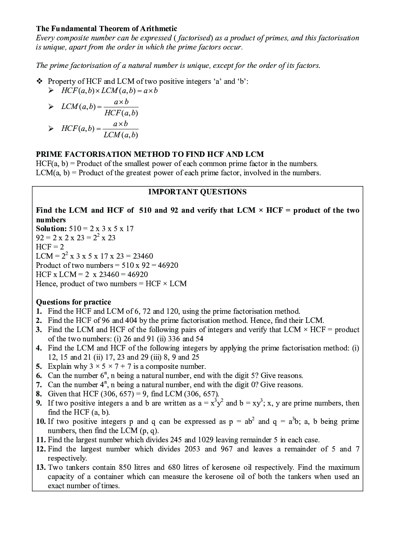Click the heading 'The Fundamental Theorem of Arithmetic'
click(x=107, y=29)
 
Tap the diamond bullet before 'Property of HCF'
click(x=40, y=81)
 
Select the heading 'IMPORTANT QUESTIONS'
click(x=197, y=192)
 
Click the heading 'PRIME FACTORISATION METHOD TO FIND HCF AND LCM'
click(x=150, y=154)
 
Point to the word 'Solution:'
click(x=51, y=229)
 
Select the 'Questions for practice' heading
click(x=73, y=302)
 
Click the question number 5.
click(x=39, y=366)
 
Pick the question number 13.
click(x=41, y=467)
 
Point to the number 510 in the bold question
click(x=145, y=210)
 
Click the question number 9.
click(x=39, y=403)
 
